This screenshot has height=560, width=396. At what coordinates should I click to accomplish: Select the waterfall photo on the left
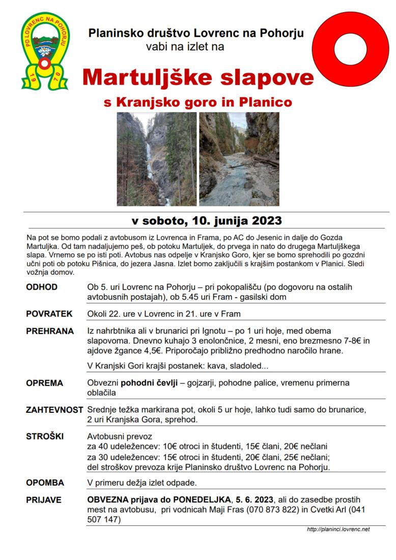point(156,159)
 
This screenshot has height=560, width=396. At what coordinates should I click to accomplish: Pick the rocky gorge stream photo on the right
point(239,159)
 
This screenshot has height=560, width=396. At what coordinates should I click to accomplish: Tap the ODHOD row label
point(42,287)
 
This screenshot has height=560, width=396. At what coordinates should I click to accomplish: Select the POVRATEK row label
point(49,314)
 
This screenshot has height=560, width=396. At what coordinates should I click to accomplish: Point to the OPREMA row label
point(44,383)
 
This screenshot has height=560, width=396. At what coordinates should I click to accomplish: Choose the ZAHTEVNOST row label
point(54,409)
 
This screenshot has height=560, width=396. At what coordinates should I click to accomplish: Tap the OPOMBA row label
point(45,482)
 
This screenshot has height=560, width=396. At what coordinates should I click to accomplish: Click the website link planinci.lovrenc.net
point(338,529)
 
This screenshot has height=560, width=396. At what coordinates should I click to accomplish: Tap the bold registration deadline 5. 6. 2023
point(255,500)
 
